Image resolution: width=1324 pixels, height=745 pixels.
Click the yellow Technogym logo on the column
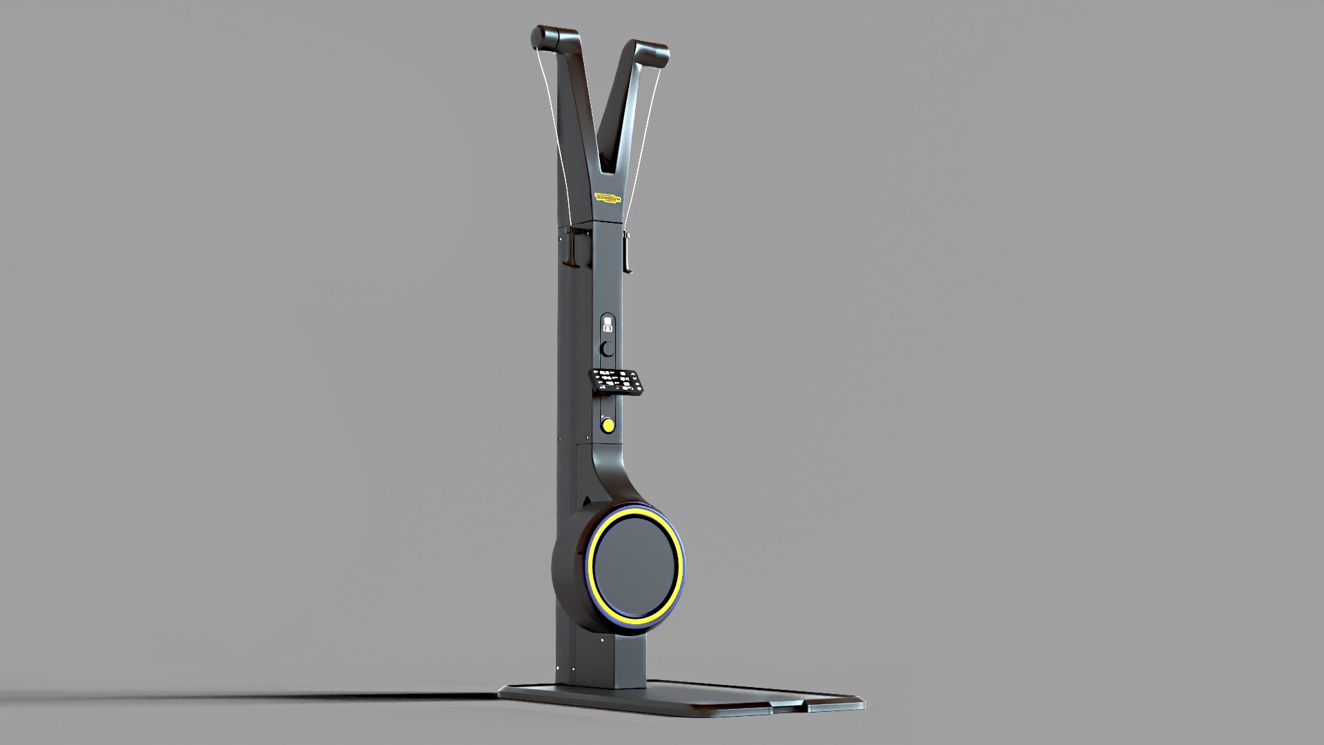click(x=608, y=198)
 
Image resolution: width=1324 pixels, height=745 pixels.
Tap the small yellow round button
click(x=608, y=425)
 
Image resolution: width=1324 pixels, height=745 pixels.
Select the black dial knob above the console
click(x=607, y=348)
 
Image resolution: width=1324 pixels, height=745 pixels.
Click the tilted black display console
click(x=618, y=381)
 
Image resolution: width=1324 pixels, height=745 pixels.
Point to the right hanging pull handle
click(x=627, y=252)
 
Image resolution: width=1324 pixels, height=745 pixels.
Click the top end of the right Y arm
click(x=651, y=54)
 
